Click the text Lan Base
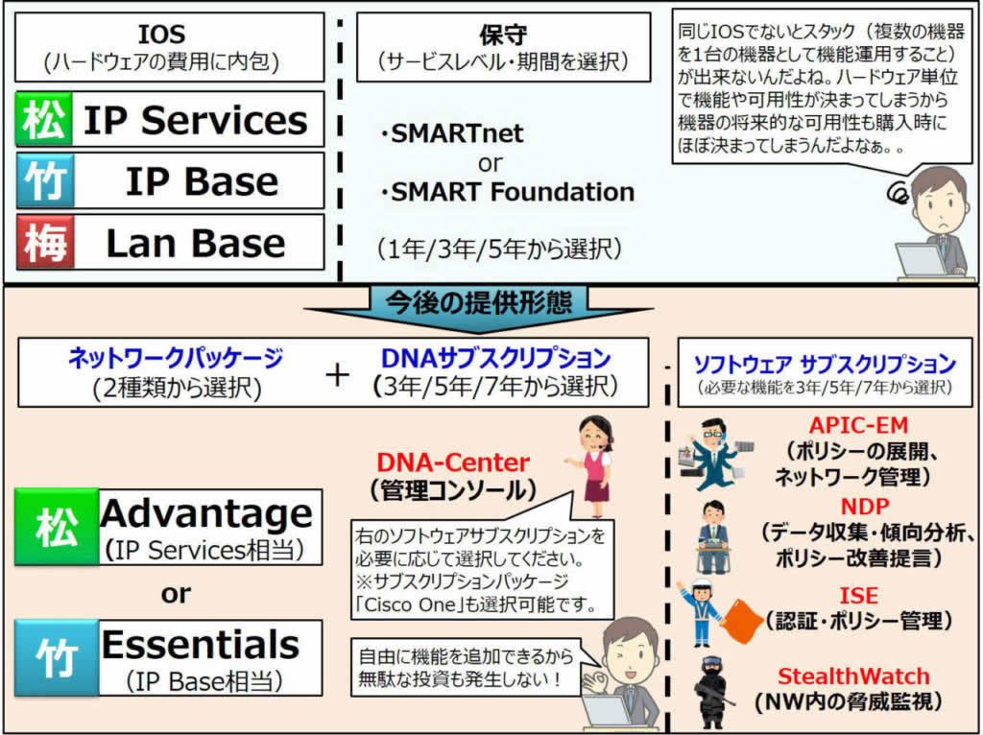195,243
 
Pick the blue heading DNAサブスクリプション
495,359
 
